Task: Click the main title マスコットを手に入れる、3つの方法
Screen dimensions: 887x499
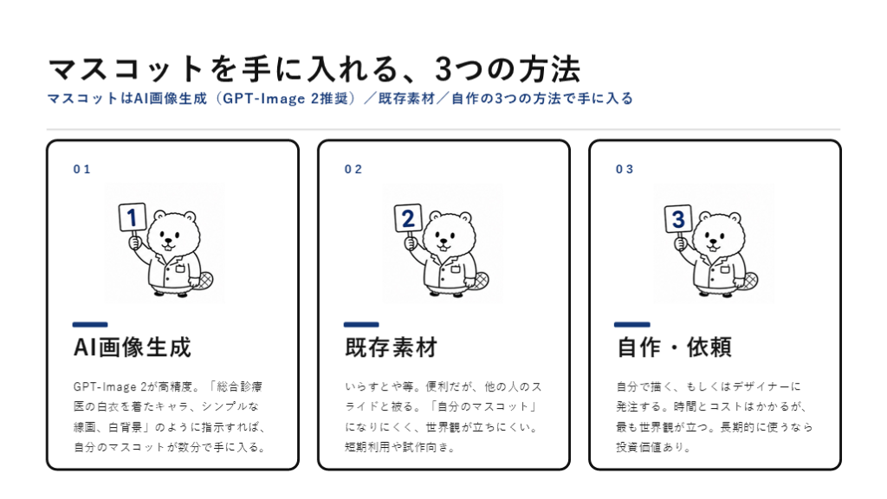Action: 314,69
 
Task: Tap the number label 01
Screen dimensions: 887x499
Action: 82,169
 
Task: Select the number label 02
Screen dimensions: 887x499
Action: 353,169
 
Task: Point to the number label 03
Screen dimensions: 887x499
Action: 625,169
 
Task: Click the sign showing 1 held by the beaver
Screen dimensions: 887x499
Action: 133,217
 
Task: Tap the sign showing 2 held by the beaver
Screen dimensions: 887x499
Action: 408,218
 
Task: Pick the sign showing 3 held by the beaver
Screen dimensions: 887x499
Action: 678,219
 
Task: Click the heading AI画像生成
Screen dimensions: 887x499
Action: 133,347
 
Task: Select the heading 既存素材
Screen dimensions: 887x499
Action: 392,347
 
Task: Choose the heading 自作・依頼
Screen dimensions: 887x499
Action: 674,347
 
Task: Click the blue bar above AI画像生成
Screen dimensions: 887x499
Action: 90,324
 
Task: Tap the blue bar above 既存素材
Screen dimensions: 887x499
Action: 361,324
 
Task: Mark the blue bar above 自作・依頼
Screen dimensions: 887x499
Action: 631,324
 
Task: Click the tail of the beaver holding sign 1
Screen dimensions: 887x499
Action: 204,281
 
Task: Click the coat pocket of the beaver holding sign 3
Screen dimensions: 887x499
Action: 723,269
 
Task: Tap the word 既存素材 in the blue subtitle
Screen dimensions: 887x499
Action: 407,99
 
